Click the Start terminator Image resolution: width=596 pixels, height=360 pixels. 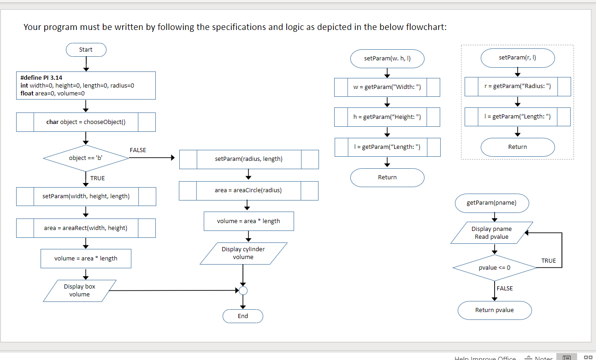click(x=86, y=50)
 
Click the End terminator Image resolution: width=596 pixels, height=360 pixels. click(x=243, y=316)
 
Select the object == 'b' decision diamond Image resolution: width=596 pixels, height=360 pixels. click(x=86, y=158)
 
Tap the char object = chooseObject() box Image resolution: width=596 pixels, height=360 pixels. click(x=86, y=122)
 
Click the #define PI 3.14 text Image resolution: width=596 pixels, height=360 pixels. click(x=41, y=77)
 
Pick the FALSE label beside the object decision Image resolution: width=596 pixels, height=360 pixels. click(x=138, y=150)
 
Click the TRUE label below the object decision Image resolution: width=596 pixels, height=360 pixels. click(x=97, y=178)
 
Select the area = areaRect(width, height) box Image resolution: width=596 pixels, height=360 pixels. click(x=86, y=228)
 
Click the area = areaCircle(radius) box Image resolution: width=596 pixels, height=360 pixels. click(x=248, y=190)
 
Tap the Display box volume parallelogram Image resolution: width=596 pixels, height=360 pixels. click(x=80, y=290)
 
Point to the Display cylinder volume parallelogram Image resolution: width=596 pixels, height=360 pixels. click(x=243, y=253)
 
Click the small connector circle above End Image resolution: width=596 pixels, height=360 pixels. click(x=243, y=291)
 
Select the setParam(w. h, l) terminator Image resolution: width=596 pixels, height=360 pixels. click(x=387, y=59)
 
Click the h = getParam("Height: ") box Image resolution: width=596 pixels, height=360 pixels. click(x=387, y=117)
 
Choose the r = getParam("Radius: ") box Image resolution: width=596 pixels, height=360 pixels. click(x=518, y=87)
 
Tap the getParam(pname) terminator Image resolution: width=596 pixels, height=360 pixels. click(x=491, y=203)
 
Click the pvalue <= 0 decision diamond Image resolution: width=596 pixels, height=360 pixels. click(x=495, y=268)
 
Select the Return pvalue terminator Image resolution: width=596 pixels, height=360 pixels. click(x=495, y=310)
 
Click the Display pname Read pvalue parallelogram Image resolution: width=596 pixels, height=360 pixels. click(x=491, y=233)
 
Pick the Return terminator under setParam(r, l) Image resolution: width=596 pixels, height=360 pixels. click(x=518, y=147)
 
